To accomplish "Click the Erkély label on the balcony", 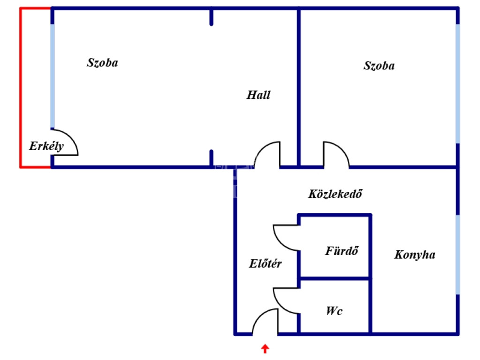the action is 46,146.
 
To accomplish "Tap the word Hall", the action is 258,95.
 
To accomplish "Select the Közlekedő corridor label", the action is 335,194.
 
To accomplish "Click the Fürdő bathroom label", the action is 342,251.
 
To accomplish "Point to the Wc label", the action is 334,311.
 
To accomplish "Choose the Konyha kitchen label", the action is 415,255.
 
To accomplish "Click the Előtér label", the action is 265,263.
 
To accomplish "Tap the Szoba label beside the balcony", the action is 103,63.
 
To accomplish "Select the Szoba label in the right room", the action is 379,66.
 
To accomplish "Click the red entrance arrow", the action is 265,349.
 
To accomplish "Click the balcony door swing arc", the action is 70,137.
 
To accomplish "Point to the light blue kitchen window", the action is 457,255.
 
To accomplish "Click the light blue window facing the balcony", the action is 52,76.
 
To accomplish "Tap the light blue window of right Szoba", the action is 457,83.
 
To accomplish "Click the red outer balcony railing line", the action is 21,88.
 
